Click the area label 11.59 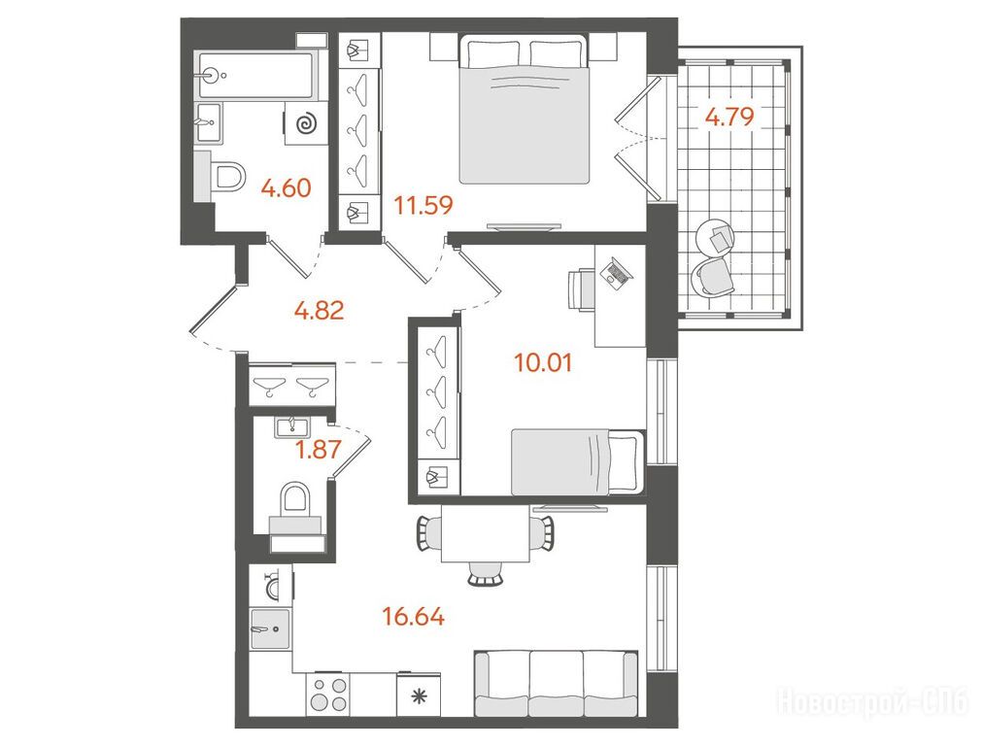click(x=424, y=205)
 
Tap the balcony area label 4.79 click(x=729, y=117)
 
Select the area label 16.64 click(x=413, y=616)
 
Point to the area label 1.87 click(x=319, y=449)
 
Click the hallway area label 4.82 click(x=320, y=310)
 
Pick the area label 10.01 click(x=543, y=362)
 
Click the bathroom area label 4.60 click(x=286, y=187)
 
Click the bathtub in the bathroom click(x=257, y=75)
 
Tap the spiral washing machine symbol click(x=306, y=123)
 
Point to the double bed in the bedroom click(x=525, y=109)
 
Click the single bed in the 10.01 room click(x=578, y=462)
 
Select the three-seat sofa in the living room click(x=556, y=683)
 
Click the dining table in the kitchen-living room click(x=486, y=533)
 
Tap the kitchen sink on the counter click(x=270, y=628)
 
